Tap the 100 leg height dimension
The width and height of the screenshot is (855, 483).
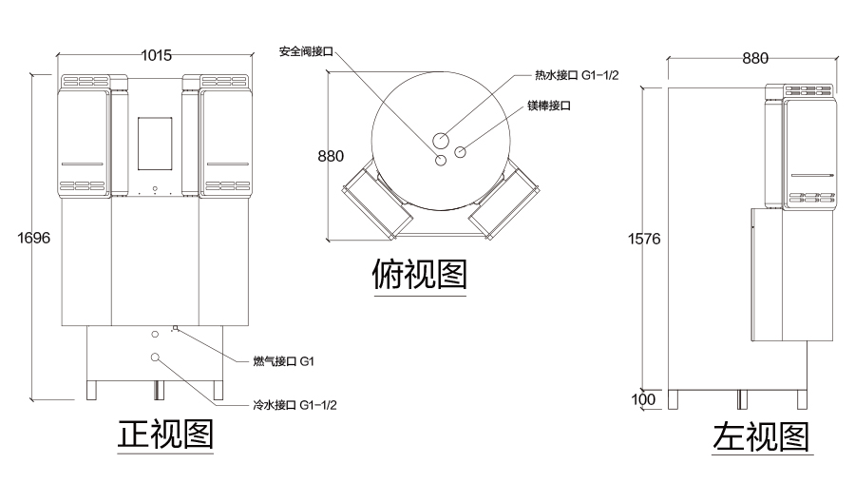click(x=643, y=399)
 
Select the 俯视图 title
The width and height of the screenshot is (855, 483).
click(x=419, y=275)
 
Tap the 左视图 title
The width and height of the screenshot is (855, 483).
click(x=762, y=436)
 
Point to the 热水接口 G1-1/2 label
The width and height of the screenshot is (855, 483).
click(x=576, y=75)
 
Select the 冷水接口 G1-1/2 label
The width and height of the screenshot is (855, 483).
click(x=294, y=405)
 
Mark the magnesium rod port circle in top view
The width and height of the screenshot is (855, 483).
click(x=461, y=151)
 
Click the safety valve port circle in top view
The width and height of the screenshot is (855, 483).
click(x=440, y=161)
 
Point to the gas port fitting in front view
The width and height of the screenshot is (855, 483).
click(x=175, y=329)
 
